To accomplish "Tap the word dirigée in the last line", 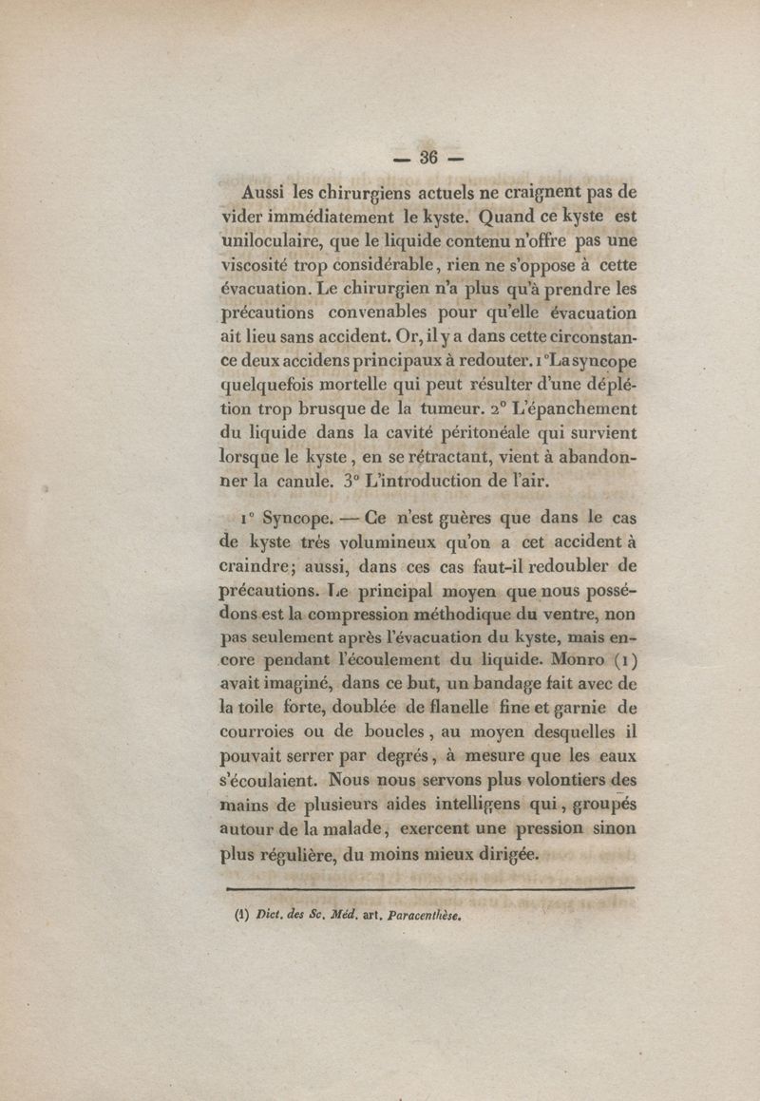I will tap(504, 853).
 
